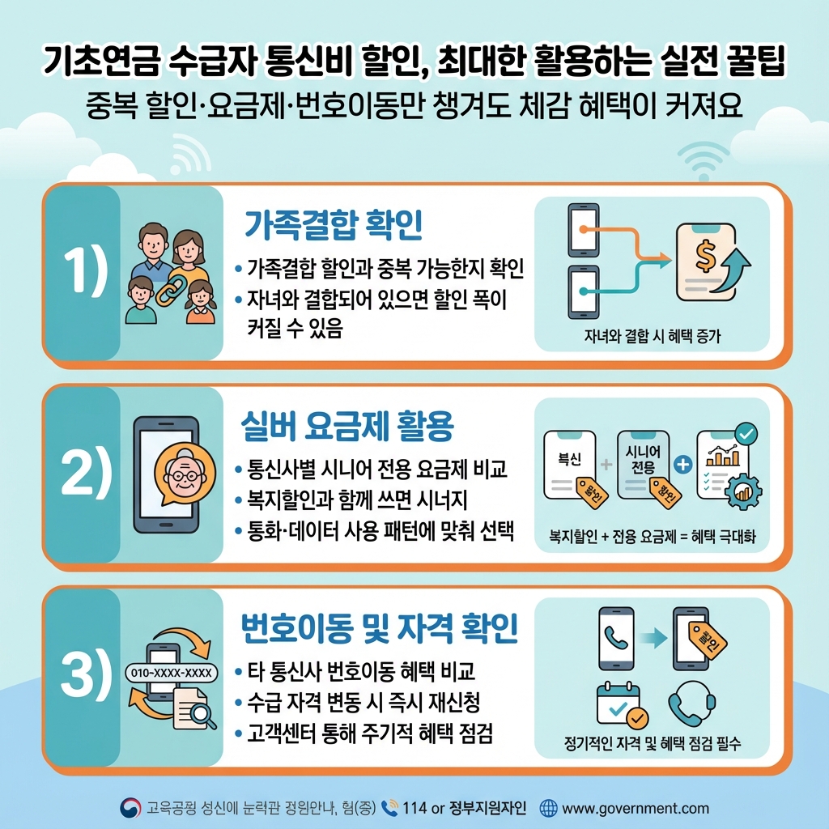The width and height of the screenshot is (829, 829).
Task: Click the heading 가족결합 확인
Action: (x=333, y=224)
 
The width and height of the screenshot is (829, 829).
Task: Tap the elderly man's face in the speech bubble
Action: (x=185, y=475)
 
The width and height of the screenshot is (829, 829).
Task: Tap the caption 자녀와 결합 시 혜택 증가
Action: (x=651, y=337)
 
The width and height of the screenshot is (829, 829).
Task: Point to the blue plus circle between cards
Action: (x=682, y=465)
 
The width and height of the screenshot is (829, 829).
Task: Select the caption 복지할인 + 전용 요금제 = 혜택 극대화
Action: (x=652, y=538)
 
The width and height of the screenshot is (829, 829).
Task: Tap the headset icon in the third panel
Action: (x=689, y=706)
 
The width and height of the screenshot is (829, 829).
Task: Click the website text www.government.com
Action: (x=635, y=808)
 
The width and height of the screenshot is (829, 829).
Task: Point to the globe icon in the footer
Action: (x=548, y=808)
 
